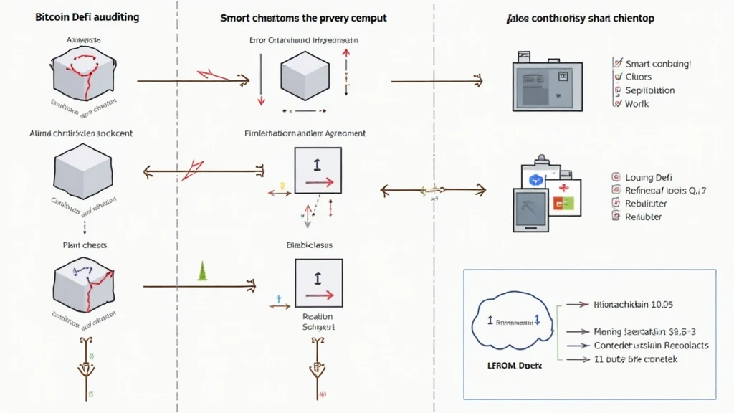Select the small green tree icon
point(202,271)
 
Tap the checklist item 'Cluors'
point(638,77)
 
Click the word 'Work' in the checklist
point(637,104)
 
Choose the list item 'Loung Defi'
point(648,177)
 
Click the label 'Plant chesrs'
point(84,245)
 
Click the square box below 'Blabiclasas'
point(318,283)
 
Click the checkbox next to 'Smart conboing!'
point(617,64)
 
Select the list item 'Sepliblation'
point(649,90)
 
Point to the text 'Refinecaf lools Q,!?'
point(665,191)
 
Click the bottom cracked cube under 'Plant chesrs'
point(84,286)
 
